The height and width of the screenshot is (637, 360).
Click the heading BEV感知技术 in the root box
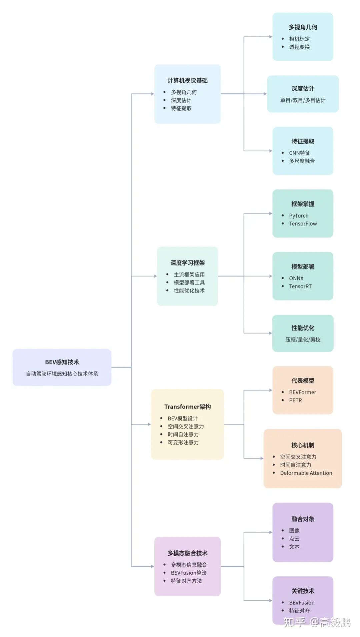click(62, 362)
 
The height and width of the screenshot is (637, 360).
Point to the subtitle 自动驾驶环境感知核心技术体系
click(62, 373)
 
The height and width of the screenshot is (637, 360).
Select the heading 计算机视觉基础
click(187, 80)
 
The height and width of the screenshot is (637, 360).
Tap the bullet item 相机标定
click(299, 39)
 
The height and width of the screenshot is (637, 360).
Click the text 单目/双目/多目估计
click(303, 100)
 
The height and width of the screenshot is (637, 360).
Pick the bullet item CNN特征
click(299, 153)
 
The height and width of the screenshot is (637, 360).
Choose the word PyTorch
click(299, 216)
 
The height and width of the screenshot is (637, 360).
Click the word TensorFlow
click(303, 224)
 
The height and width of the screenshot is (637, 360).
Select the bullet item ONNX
click(296, 278)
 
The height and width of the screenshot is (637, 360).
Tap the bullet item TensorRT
click(300, 286)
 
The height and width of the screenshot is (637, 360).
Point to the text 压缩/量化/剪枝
click(303, 339)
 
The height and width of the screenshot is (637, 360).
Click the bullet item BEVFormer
click(302, 392)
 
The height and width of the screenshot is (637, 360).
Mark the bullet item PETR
click(295, 400)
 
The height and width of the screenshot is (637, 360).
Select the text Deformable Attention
click(306, 473)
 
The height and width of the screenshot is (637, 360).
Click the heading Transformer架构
click(187, 406)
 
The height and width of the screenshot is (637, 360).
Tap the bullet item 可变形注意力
click(183, 442)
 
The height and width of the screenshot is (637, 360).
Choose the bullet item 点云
click(294, 538)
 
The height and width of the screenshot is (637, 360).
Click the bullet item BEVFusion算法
click(189, 573)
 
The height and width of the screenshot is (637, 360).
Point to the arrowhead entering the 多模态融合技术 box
click(152, 566)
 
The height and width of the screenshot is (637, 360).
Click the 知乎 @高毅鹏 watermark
click(317, 622)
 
